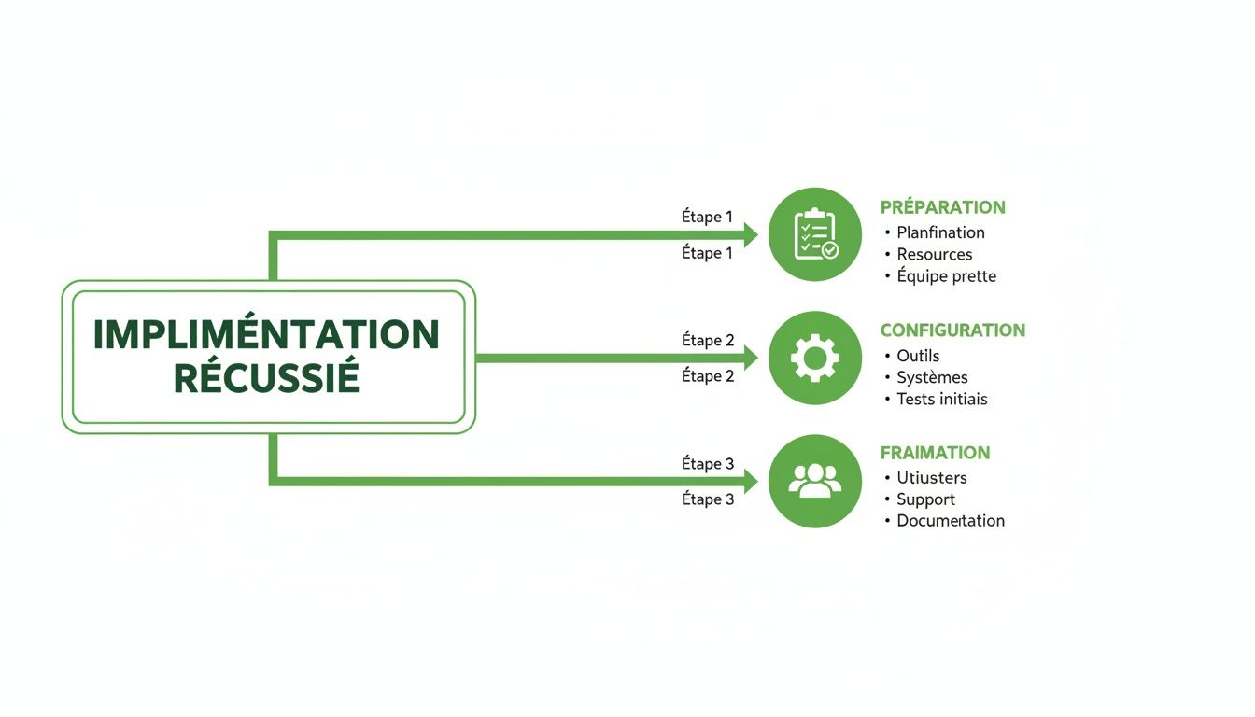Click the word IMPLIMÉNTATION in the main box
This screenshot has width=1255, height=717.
[x=266, y=334]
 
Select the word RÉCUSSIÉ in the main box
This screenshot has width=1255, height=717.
[x=266, y=378]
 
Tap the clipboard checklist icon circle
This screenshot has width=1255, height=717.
[x=814, y=234]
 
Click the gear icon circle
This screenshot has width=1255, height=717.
[x=814, y=358]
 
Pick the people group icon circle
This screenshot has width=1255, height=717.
[x=814, y=481]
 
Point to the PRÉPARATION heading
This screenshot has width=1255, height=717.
[x=942, y=207]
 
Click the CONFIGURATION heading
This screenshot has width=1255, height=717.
[x=952, y=330]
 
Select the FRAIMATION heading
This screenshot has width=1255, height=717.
[x=935, y=453]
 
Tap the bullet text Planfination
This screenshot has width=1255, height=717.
[x=940, y=232]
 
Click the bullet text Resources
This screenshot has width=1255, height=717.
[x=934, y=254]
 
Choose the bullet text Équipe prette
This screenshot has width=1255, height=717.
[x=946, y=276]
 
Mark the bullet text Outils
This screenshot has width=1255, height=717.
[x=918, y=356]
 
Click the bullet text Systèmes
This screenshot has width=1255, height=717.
[x=932, y=377]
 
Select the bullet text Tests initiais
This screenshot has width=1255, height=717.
[x=941, y=399]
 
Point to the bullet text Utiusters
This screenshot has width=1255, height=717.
[x=931, y=478]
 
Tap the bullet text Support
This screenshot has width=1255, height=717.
[x=925, y=499]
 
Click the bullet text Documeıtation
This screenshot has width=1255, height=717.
[x=950, y=521]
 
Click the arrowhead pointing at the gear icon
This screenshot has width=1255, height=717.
[x=749, y=358]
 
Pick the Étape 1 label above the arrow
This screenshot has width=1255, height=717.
[x=707, y=217]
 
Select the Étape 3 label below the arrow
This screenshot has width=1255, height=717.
[x=707, y=499]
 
